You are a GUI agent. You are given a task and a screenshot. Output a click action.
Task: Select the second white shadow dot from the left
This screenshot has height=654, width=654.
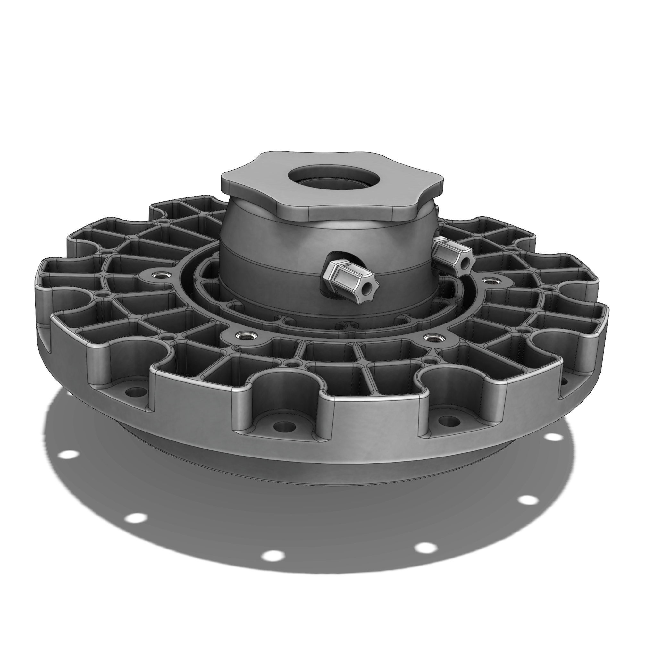tap(135, 527)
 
